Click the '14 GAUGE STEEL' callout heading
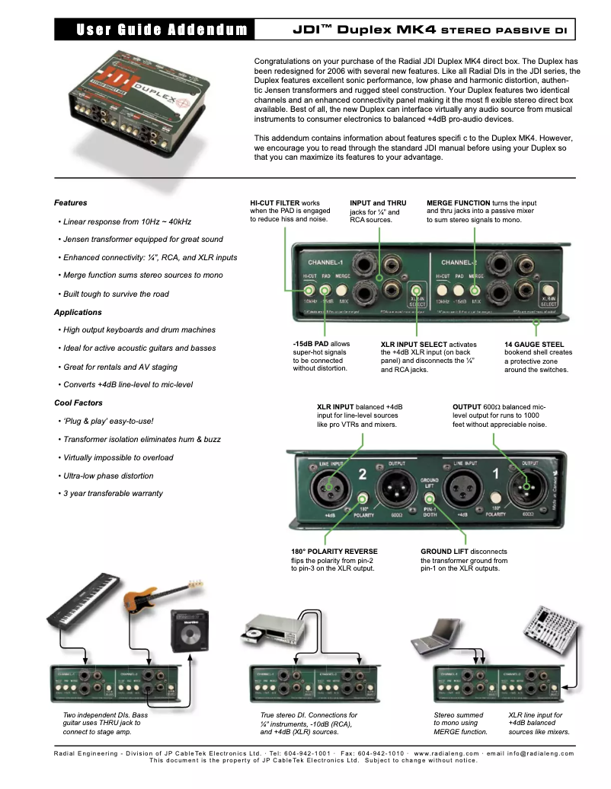pos(534,344)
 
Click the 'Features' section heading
pos(70,203)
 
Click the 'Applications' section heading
pos(77,312)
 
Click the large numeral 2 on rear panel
pos(363,475)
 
